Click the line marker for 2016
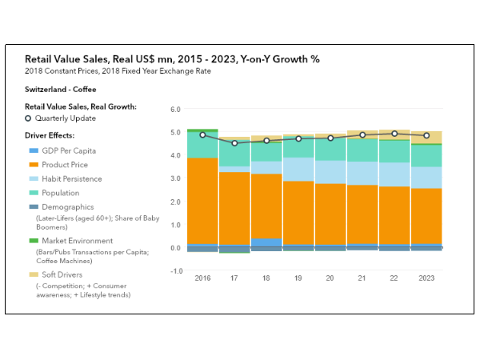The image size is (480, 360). pyautogui.click(x=202, y=134)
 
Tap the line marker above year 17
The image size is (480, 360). pyautogui.click(x=234, y=143)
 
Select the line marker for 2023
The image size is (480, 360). pyautogui.click(x=426, y=135)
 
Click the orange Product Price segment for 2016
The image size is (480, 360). pyautogui.click(x=202, y=200)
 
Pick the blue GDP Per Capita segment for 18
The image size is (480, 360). pyautogui.click(x=266, y=242)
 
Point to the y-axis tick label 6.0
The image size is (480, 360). pyautogui.click(x=176, y=109)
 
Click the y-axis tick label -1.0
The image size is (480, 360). pyautogui.click(x=175, y=271)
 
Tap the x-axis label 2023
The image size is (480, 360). pyautogui.click(x=426, y=278)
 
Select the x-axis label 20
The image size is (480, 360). pyautogui.click(x=330, y=278)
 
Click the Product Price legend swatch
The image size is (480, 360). pyautogui.click(x=33, y=165)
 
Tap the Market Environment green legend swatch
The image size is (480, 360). pyautogui.click(x=33, y=241)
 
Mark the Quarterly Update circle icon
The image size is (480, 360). pyautogui.click(x=30, y=118)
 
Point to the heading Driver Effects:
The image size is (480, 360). pyautogui.click(x=50, y=135)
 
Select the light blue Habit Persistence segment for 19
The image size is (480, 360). pyautogui.click(x=298, y=169)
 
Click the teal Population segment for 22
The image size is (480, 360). pyautogui.click(x=394, y=151)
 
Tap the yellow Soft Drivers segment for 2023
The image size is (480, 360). pyautogui.click(x=426, y=137)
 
